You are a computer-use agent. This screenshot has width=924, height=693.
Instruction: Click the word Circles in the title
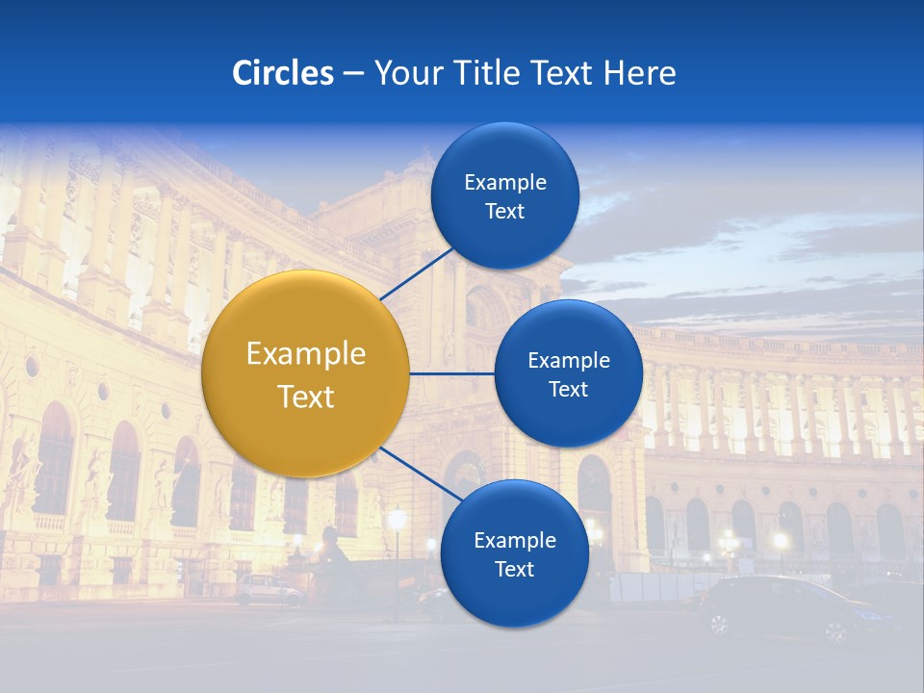(283, 73)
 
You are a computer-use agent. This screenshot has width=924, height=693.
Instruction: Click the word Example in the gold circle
(306, 354)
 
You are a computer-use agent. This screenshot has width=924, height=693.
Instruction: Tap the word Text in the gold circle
(306, 397)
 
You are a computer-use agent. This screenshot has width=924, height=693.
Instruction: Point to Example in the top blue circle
(505, 182)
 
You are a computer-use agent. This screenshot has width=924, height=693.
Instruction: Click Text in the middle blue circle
(568, 390)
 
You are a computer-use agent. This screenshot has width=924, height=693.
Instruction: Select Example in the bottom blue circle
(514, 540)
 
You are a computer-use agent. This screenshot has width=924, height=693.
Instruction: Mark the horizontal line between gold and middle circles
(451, 373)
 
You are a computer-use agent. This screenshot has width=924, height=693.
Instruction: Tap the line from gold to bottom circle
(421, 475)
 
